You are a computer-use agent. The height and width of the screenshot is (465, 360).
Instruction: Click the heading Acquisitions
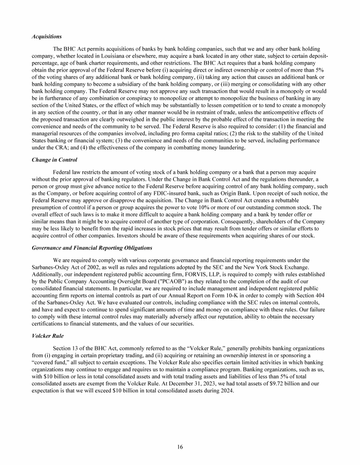point(46,36)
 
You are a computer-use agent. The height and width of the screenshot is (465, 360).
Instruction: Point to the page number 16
point(180,447)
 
